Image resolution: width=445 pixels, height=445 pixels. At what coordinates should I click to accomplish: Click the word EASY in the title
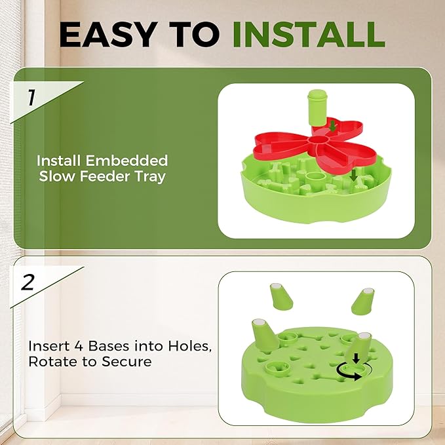click(109, 33)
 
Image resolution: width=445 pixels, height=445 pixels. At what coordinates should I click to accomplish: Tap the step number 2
click(28, 282)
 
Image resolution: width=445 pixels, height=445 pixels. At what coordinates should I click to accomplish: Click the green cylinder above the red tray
click(317, 107)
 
